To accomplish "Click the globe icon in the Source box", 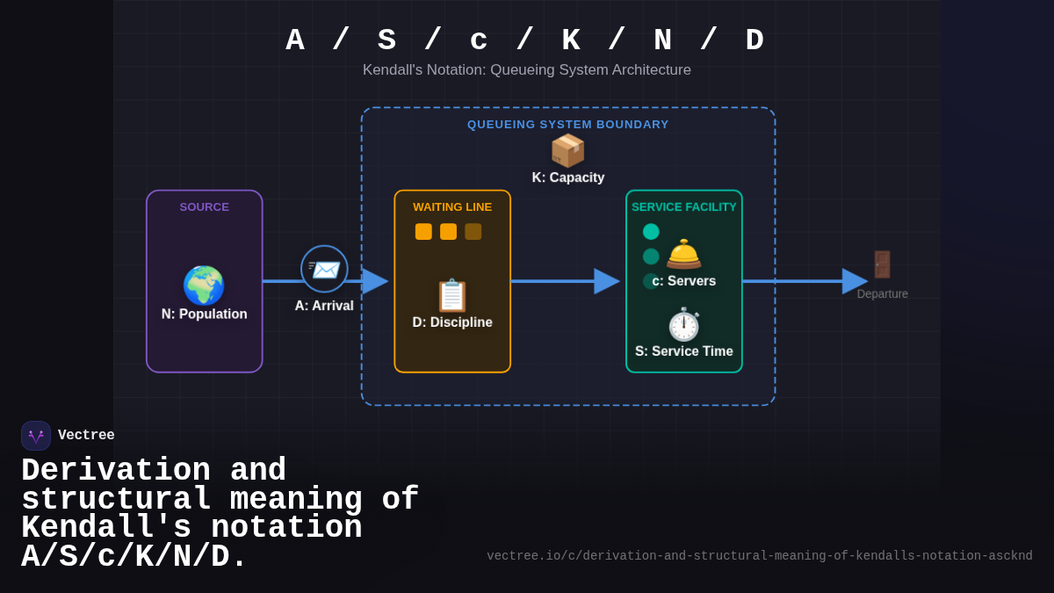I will (x=204, y=286).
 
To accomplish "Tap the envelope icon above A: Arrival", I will (x=324, y=269).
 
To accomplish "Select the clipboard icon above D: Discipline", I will (x=452, y=295).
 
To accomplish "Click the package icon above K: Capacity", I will (x=567, y=151).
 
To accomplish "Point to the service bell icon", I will (x=683, y=254).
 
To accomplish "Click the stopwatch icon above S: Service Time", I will (x=683, y=324).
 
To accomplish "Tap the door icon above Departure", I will (x=882, y=264).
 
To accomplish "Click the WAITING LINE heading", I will (x=452, y=207).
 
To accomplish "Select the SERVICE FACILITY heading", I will (x=683, y=207).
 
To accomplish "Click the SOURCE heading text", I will (x=204, y=207).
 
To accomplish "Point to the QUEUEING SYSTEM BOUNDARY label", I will (x=567, y=125).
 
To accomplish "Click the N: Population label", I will (x=204, y=315).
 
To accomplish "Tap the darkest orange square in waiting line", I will (x=473, y=232).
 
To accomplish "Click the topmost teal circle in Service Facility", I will (x=651, y=232).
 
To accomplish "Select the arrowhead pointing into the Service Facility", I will (x=605, y=281).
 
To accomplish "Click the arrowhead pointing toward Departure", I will (x=853, y=281).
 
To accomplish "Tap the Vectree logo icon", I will (x=36, y=436).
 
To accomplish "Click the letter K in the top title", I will (x=571, y=40).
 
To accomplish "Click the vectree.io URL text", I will (x=759, y=556).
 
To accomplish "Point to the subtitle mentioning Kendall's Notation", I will (x=526, y=70).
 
